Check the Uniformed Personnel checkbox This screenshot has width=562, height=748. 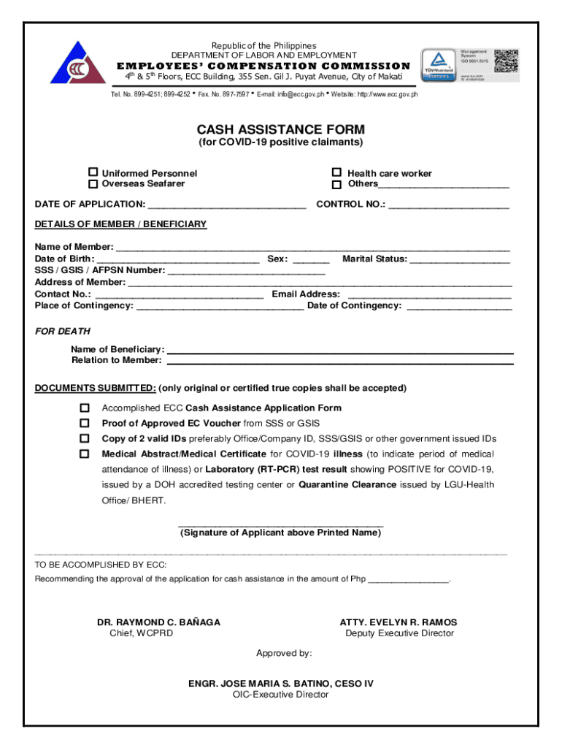93,172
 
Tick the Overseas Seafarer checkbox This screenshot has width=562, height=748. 93,183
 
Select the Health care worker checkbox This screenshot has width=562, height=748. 336,172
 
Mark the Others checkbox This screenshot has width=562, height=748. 336,183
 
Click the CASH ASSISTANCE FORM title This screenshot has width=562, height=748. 281,129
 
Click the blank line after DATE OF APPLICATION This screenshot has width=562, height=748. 226,206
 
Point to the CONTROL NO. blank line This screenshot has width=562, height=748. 448,206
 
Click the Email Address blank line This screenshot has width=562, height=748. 429,295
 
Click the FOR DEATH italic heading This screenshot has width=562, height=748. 63,332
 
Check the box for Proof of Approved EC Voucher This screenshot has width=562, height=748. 85,423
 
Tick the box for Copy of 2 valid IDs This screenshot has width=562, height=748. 85,438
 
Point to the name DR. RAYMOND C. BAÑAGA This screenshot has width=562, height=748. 159,622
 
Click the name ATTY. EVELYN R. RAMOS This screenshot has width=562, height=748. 399,622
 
